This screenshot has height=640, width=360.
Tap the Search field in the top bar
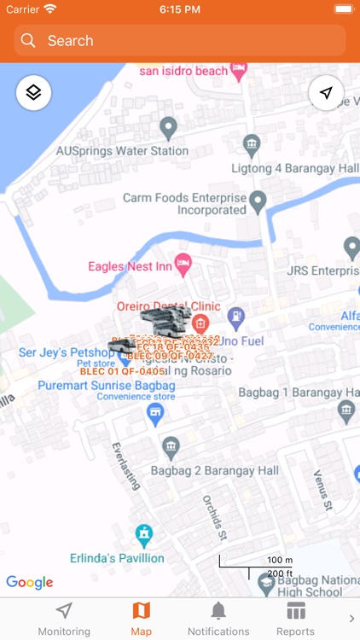[180, 40]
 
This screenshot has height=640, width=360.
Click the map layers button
[33, 92]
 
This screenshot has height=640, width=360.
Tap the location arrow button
[326, 92]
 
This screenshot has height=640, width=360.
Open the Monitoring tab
[64, 619]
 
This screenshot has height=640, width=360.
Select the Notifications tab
[218, 619]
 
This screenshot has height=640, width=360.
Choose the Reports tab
[295, 619]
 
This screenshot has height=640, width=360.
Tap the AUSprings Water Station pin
[168, 129]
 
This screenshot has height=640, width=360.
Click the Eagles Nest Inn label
[130, 267]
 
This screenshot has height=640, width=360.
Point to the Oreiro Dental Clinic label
[168, 306]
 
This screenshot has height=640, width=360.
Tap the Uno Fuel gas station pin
[236, 317]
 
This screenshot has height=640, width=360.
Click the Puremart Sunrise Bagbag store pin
[154, 415]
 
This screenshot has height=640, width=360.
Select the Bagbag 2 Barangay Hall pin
[171, 447]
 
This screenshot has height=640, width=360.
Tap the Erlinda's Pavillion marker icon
[144, 536]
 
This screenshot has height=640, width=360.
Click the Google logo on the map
[30, 582]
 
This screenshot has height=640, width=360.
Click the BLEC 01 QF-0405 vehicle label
[122, 371]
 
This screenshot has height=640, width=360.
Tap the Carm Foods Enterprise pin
[257, 201]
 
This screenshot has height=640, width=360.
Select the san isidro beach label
[184, 71]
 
